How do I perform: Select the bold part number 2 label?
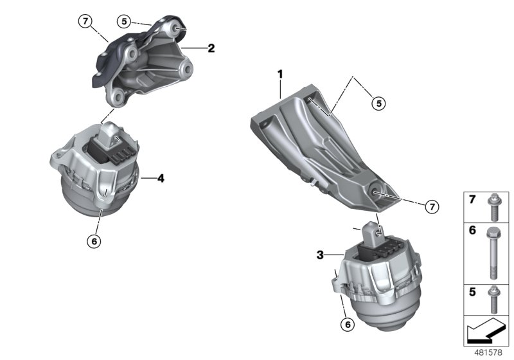pos(210,48)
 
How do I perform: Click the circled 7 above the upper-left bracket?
pos(85,21)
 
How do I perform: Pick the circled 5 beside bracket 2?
pos(125,21)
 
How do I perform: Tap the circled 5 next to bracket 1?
pos(378,102)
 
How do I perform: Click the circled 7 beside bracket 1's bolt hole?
pos(432,207)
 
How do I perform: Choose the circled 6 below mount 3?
pos(348,325)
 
